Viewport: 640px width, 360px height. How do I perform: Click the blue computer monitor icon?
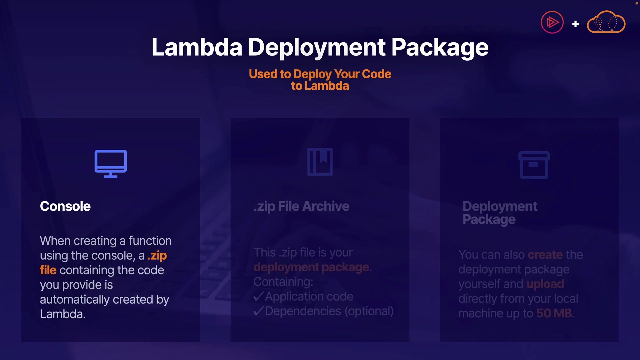(111, 163)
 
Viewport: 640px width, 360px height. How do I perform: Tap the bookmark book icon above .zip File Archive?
(320, 162)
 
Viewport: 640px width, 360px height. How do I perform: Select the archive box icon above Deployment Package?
(534, 165)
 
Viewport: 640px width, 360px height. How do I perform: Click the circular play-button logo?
(552, 22)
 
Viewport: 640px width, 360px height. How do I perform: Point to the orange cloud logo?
(606, 22)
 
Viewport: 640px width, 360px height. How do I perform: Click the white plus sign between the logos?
(575, 24)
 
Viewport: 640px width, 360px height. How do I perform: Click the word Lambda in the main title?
(197, 47)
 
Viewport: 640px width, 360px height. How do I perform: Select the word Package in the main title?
(440, 47)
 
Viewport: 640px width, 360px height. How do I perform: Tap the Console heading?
(65, 206)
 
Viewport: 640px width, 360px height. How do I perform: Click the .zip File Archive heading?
(301, 206)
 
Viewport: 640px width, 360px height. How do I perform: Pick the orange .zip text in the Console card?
(157, 256)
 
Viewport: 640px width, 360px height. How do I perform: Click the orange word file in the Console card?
(48, 270)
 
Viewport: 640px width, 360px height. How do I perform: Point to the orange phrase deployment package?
(311, 267)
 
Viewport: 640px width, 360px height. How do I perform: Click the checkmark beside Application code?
(259, 296)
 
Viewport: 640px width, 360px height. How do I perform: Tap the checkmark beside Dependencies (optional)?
(259, 311)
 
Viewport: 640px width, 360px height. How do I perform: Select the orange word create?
(545, 255)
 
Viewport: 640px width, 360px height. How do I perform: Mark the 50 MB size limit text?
(554, 313)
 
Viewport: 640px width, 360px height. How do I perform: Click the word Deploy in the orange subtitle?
(312, 74)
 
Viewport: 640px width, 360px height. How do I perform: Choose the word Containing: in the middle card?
(283, 282)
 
